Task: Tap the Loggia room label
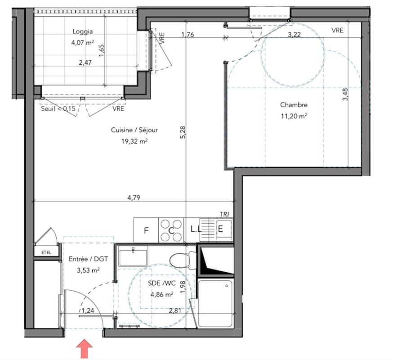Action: pos(83,31)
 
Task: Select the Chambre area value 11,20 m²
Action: pos(294,115)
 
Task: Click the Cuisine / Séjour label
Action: pos(128,130)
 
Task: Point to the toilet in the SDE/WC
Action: pos(182,259)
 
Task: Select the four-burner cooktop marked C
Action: pos(171,229)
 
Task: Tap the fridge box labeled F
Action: pos(146,230)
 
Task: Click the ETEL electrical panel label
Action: pos(46,252)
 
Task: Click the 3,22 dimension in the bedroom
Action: pos(294,34)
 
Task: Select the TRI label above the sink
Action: pos(224,214)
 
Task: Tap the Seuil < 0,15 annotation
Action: pos(58,108)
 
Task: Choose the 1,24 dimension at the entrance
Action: pos(88,310)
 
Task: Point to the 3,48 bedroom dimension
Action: pos(345,94)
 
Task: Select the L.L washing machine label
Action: pos(196,229)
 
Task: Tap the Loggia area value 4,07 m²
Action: pos(83,43)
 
